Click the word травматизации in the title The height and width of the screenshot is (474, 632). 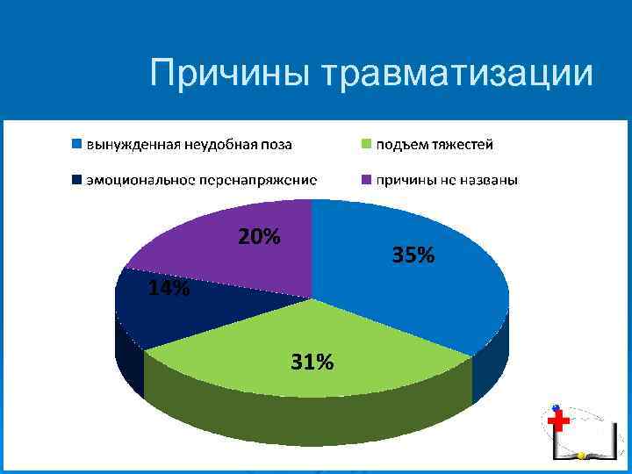coord(459,74)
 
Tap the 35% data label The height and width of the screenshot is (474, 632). coord(413,255)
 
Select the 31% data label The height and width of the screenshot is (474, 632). coord(312,362)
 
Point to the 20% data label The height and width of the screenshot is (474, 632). coord(259,237)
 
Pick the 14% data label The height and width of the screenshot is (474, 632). coord(168,290)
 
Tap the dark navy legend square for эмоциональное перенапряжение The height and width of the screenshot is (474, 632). coord(77,180)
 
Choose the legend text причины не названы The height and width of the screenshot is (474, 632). coord(447,180)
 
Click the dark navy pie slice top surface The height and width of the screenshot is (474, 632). coord(176,312)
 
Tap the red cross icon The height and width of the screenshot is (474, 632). coord(558,422)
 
